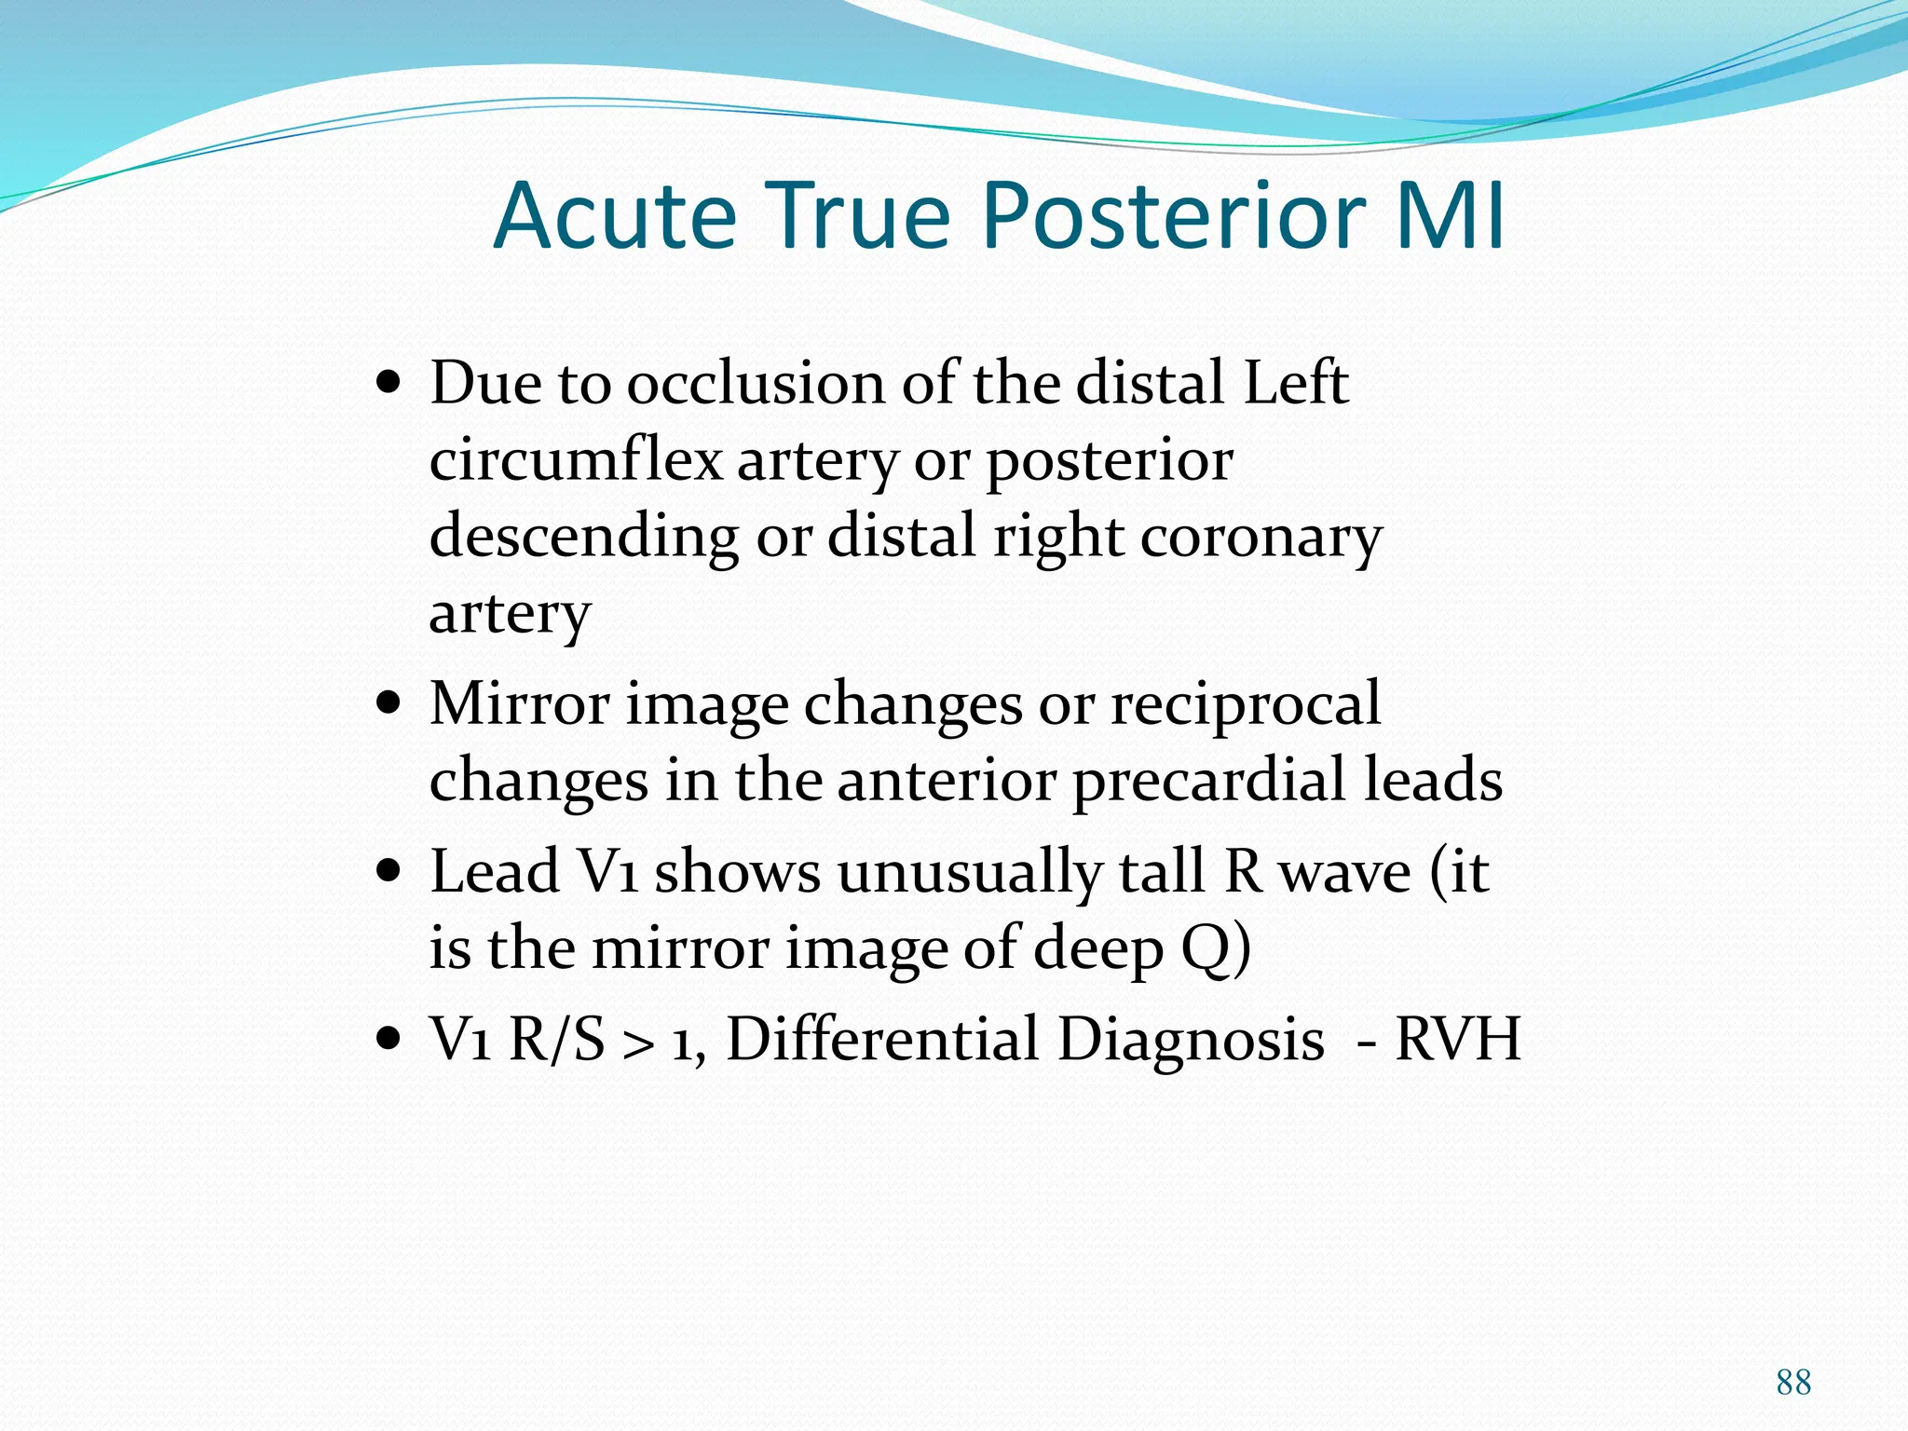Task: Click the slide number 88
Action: [x=1793, y=1382]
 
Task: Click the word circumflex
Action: [x=576, y=460]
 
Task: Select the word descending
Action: [x=583, y=538]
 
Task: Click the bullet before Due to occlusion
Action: [x=388, y=382]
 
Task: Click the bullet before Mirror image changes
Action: [x=388, y=702]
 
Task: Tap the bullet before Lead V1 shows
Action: [x=388, y=871]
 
